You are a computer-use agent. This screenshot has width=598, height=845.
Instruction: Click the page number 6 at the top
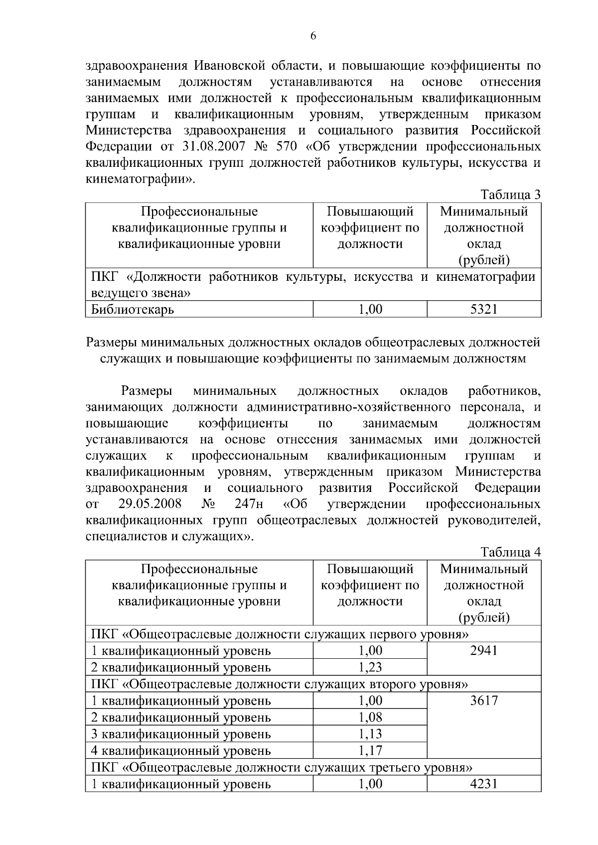(x=313, y=36)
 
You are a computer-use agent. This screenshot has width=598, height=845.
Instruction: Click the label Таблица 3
(x=510, y=195)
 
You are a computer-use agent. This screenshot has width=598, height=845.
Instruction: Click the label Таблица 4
(x=510, y=552)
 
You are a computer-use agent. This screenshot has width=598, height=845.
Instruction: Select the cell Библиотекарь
(x=133, y=310)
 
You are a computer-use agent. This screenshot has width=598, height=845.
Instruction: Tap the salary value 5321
(x=484, y=310)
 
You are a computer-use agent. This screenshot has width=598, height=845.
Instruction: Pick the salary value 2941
(x=484, y=650)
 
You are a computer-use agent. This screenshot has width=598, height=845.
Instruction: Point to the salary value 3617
(x=484, y=701)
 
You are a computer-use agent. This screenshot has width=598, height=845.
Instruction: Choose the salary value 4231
(x=484, y=784)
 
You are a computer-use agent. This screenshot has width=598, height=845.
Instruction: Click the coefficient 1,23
(x=370, y=667)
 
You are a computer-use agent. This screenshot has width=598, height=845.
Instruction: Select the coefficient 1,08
(x=370, y=717)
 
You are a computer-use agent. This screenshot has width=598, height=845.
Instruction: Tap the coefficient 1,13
(x=370, y=733)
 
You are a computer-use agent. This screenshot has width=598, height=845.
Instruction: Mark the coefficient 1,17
(x=370, y=750)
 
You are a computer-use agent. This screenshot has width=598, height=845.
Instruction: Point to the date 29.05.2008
(x=150, y=504)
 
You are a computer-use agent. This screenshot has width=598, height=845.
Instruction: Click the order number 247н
(x=248, y=504)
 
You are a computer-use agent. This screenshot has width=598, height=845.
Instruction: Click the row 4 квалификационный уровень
(x=181, y=750)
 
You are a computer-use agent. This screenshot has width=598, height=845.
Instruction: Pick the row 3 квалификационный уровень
(x=181, y=734)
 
